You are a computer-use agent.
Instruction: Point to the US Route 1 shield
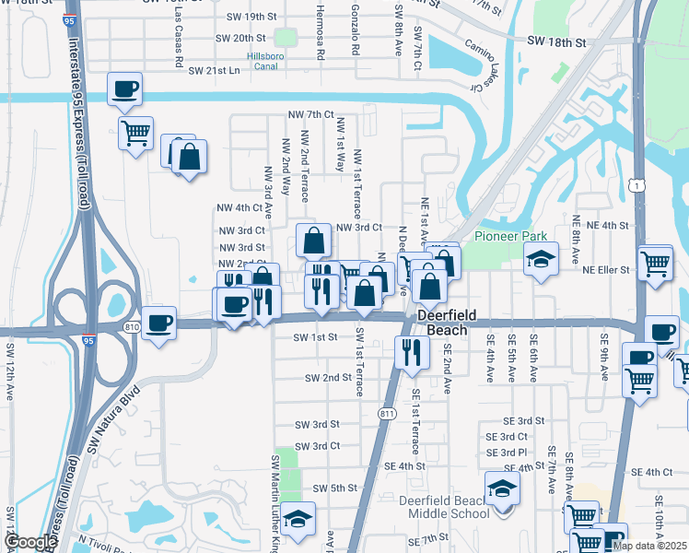(637, 186)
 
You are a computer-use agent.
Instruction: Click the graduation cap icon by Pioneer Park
(541, 259)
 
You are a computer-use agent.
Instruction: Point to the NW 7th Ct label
(309, 113)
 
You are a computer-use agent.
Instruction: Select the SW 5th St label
(334, 488)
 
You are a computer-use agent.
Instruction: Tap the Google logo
(30, 543)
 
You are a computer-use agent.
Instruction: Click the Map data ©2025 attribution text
(648, 546)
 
